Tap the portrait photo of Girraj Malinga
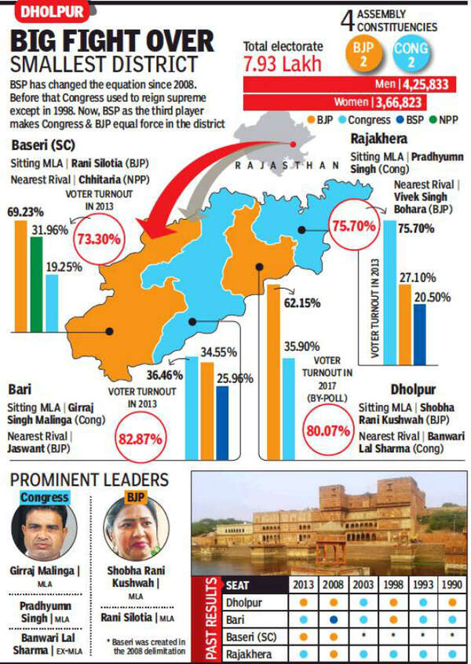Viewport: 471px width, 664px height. tap(45, 531)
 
